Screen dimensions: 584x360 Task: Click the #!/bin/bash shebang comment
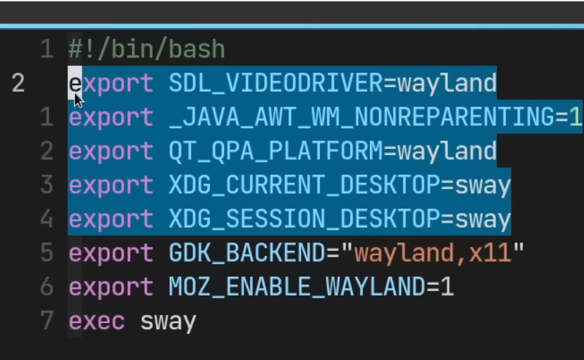(147, 49)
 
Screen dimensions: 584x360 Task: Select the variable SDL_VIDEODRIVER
(276, 83)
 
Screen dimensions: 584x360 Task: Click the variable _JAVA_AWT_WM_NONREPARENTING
(362, 117)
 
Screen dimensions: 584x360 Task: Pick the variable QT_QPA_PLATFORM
(276, 152)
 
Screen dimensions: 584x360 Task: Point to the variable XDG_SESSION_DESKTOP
(304, 219)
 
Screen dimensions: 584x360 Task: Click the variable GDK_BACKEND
(247, 253)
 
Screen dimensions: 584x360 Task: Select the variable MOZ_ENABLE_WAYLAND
(297, 287)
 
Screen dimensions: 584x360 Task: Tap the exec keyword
(97, 321)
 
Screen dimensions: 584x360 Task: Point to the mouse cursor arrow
(78, 100)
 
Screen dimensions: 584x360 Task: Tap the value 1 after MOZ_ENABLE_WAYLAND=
(447, 287)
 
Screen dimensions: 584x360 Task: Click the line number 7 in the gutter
(47, 321)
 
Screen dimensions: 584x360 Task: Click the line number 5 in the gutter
(47, 253)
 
